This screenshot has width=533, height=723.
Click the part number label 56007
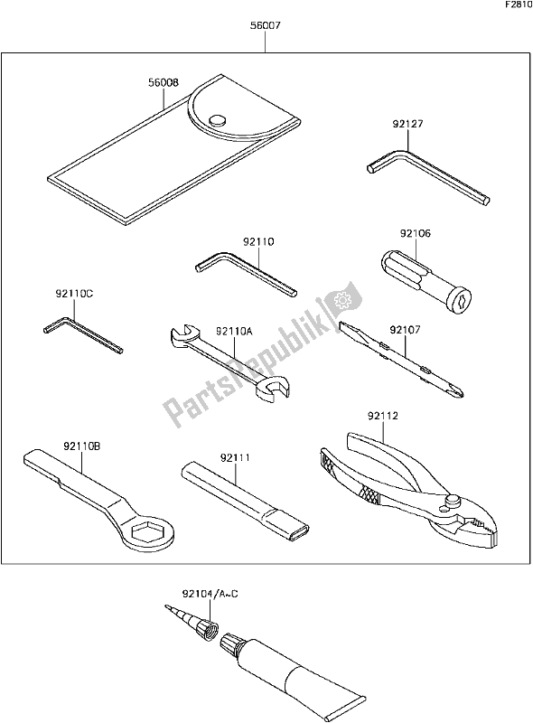(x=265, y=26)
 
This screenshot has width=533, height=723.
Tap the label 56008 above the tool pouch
(x=164, y=83)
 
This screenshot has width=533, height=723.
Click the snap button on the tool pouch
(x=217, y=120)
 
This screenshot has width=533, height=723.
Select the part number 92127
(x=407, y=124)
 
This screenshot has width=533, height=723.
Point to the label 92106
(x=415, y=234)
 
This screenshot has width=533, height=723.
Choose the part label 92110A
(x=234, y=331)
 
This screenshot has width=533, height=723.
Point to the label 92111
(x=235, y=458)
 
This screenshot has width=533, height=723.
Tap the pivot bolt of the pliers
(x=452, y=501)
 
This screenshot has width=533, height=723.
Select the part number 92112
(x=383, y=417)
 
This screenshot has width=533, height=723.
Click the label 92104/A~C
(x=210, y=595)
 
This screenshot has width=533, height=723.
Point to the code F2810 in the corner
(x=519, y=5)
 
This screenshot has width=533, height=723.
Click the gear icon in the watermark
(x=342, y=301)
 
